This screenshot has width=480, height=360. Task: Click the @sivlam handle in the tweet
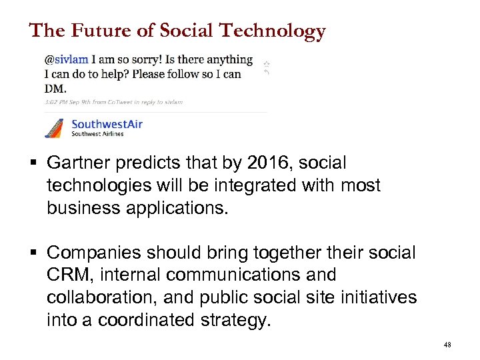coord(67,60)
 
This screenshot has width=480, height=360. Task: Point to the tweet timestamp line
coord(113,102)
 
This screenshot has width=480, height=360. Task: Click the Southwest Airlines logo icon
coord(55,127)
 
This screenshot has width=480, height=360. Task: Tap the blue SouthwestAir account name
coord(107,123)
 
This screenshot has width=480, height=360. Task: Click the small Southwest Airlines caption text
coord(97,133)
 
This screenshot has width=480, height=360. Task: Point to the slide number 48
coord(447,345)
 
